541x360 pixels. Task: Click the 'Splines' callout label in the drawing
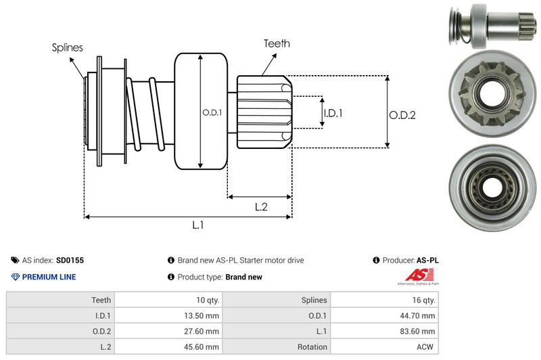pos(67,47)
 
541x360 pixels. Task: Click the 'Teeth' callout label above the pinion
pos(277,43)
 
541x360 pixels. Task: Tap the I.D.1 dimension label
pos(333,113)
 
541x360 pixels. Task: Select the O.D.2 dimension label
pos(402,115)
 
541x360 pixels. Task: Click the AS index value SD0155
pos(70,260)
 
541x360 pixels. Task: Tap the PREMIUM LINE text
pos(49,277)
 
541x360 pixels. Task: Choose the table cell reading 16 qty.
pos(422,300)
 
